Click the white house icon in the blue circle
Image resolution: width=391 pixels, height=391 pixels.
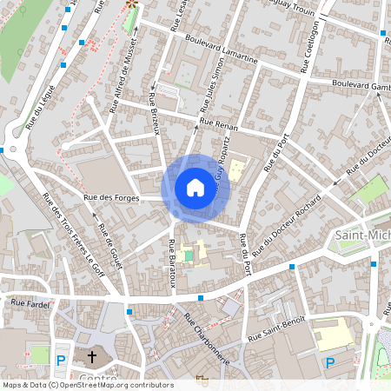coord(195,188)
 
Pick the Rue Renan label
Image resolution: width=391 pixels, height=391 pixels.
coord(218,124)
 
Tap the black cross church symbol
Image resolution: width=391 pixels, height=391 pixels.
coord(92,357)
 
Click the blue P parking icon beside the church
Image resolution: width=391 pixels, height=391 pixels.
coord(62,360)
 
